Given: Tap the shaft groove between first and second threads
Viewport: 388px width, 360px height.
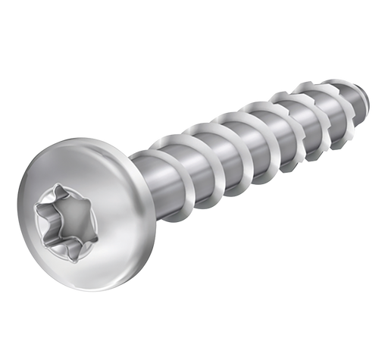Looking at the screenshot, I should (x=199, y=159).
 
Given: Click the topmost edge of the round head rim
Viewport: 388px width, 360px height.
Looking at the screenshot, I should (x=72, y=135).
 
